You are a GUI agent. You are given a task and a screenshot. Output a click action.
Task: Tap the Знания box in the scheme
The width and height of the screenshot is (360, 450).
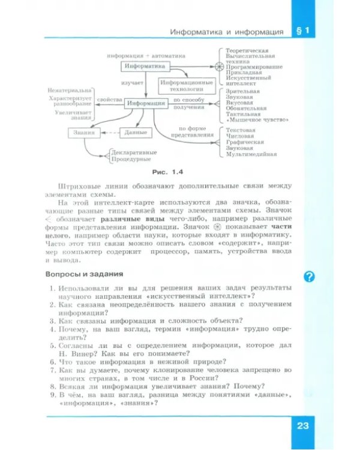pyautogui.click(x=83, y=132)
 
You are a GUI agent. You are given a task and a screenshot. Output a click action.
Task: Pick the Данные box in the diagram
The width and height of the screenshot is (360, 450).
pyautogui.click(x=134, y=132)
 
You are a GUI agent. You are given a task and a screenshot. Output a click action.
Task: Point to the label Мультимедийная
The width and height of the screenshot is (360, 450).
pyautogui.click(x=251, y=154)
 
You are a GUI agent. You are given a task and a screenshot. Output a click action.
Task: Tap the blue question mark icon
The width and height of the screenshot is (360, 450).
pyautogui.click(x=310, y=276)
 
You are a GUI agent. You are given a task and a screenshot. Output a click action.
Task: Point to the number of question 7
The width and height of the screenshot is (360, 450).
pyautogui.click(x=53, y=371)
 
